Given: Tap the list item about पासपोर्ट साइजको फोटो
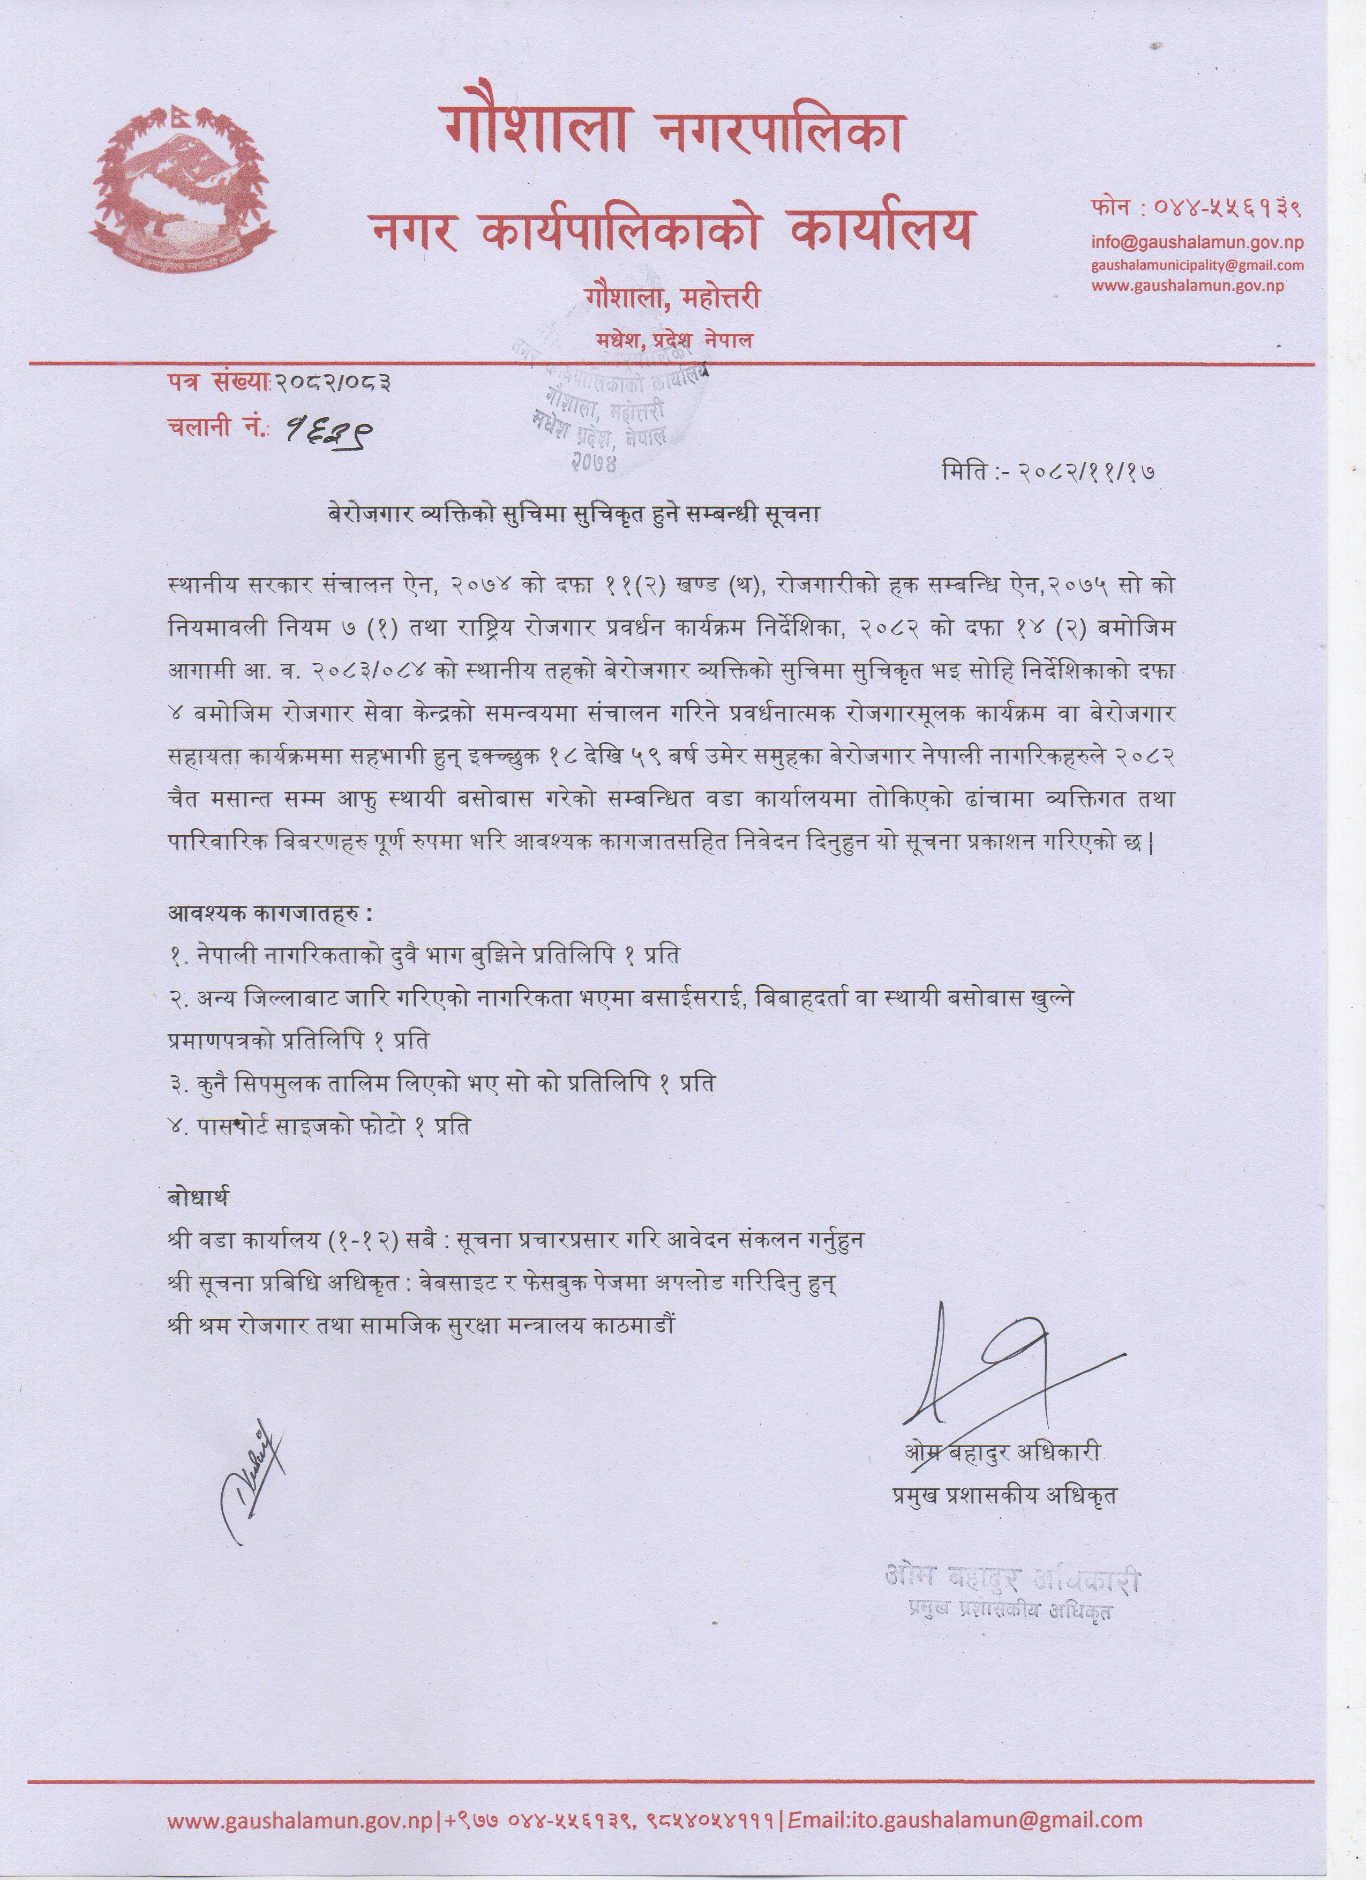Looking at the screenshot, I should (319, 1127).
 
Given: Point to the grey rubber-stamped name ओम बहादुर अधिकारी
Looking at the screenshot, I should (1011, 1581).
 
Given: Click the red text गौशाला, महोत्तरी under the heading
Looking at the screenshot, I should (671, 297).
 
